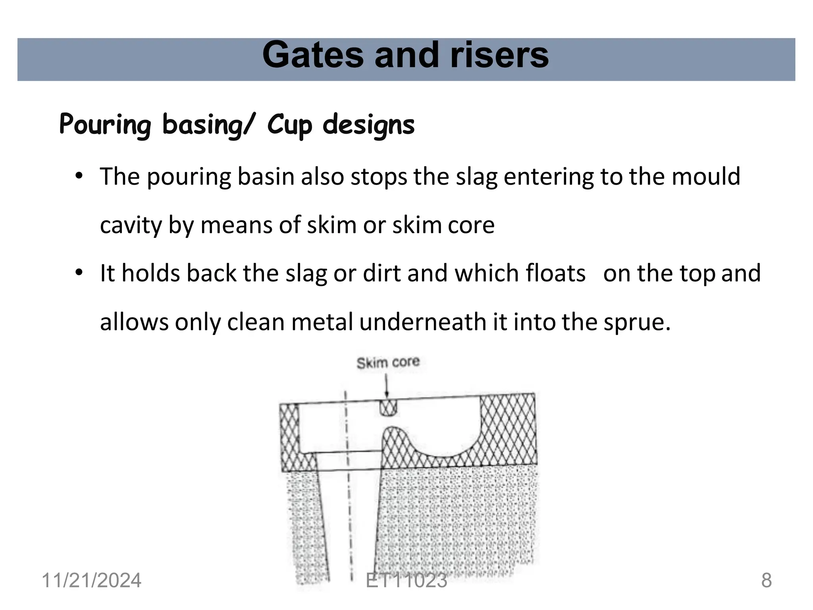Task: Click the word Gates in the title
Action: click(x=313, y=56)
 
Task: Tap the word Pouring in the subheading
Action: click(x=105, y=124)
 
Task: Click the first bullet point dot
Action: click(x=79, y=176)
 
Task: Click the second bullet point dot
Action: click(x=79, y=272)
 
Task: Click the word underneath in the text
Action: click(x=423, y=322)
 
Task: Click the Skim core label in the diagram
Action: click(x=388, y=363)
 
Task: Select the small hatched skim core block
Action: click(x=388, y=407)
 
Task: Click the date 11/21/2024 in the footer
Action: click(x=91, y=581)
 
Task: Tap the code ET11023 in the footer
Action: click(x=406, y=581)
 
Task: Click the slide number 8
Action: click(x=766, y=581)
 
